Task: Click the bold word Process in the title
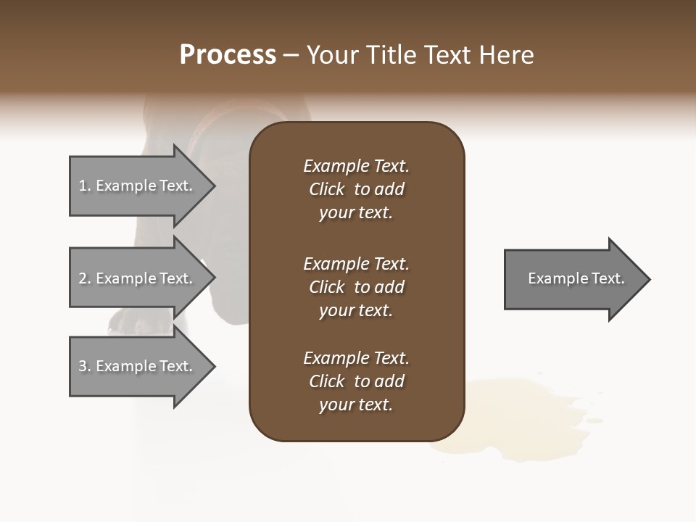click(x=228, y=55)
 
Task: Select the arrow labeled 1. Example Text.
click(x=138, y=186)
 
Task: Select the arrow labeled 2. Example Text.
click(x=138, y=278)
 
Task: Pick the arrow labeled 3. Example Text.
click(x=138, y=366)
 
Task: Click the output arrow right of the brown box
click(x=573, y=279)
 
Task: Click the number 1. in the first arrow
click(x=84, y=186)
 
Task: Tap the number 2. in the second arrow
click(x=84, y=278)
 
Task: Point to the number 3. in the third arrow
click(x=84, y=366)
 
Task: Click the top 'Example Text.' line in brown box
click(x=356, y=166)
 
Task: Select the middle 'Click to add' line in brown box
click(x=356, y=287)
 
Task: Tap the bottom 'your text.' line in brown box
click(x=356, y=405)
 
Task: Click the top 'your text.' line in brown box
click(x=356, y=212)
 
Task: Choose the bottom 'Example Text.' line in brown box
click(x=356, y=358)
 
